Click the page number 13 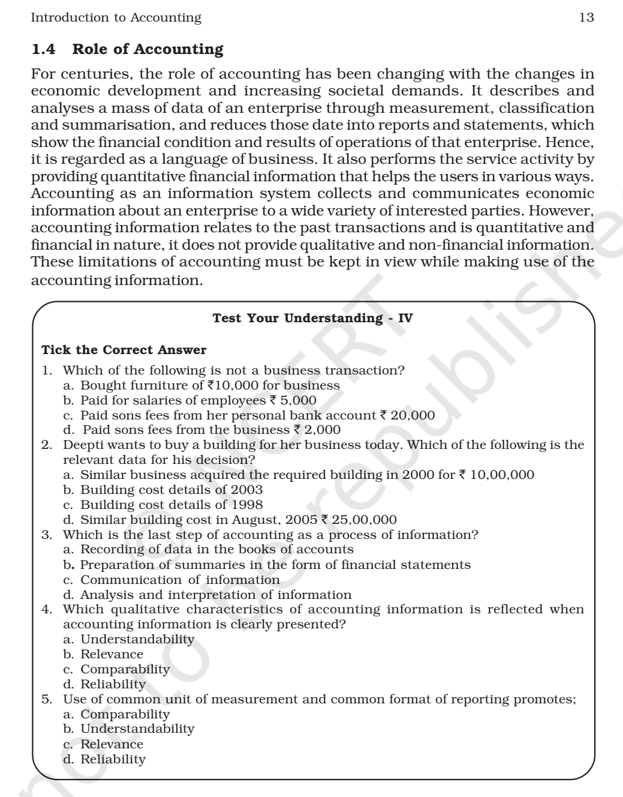(x=586, y=18)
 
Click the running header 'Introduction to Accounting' (x=116, y=18)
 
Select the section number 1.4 (x=43, y=49)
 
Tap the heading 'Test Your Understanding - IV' (x=312, y=318)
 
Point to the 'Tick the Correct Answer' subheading (x=124, y=350)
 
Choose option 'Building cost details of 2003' (x=171, y=490)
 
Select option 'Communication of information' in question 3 (x=180, y=580)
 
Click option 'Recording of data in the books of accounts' (x=217, y=550)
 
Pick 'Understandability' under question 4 (x=137, y=640)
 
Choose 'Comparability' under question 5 (x=125, y=714)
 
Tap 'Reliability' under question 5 (x=113, y=759)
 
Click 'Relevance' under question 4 (x=112, y=655)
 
